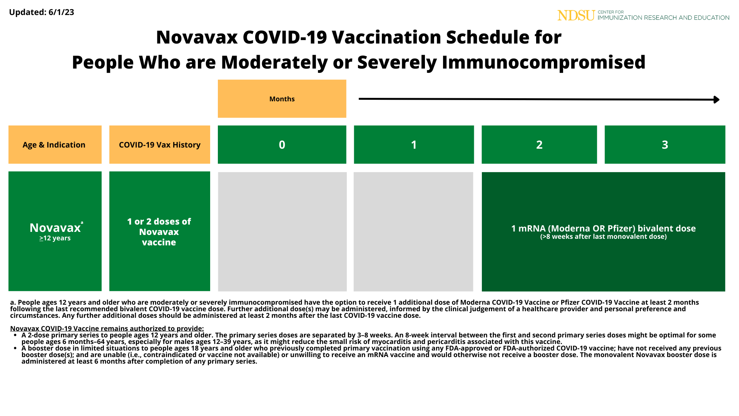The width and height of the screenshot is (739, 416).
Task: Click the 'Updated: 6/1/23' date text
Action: click(42, 12)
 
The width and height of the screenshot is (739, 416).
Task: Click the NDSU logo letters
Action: click(576, 15)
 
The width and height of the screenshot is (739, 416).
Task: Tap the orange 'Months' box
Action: click(282, 99)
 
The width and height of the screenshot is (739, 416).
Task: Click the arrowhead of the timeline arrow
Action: click(716, 100)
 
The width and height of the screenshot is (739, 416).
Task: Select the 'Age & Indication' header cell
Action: click(55, 145)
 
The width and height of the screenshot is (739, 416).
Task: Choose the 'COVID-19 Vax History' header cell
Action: click(159, 145)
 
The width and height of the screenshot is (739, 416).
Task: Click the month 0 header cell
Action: click(282, 145)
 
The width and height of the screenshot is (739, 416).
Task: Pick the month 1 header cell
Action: click(414, 145)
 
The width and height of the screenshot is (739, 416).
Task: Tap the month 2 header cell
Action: click(539, 145)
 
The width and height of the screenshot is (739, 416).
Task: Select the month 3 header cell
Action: click(665, 145)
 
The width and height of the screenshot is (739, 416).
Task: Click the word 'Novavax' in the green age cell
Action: click(55, 228)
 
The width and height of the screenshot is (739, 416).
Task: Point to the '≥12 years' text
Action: click(55, 238)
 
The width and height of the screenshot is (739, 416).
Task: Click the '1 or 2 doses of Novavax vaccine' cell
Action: click(159, 232)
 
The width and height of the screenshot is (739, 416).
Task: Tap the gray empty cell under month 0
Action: click(282, 231)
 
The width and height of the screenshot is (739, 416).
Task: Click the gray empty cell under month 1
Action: click(413, 231)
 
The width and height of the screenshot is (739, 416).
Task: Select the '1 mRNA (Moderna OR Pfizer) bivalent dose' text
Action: click(603, 228)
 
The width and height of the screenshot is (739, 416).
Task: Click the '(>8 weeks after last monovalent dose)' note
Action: click(603, 237)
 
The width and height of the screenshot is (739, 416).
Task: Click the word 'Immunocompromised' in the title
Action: click(543, 62)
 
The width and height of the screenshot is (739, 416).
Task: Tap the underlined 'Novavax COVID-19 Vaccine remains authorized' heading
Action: click(107, 329)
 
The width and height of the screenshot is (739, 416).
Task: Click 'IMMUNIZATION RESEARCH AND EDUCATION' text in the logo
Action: click(663, 18)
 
